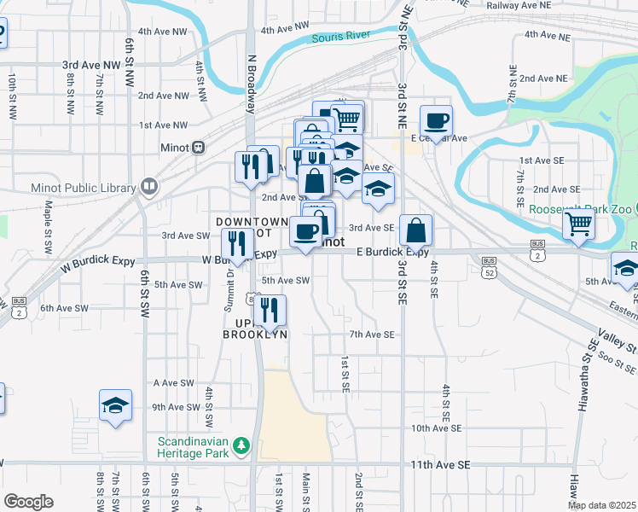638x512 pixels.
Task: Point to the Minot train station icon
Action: tap(198, 147)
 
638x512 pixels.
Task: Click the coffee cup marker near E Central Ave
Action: tap(436, 122)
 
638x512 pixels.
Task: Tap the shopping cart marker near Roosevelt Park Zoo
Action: tap(579, 225)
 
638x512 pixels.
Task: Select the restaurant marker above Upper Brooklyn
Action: tap(270, 311)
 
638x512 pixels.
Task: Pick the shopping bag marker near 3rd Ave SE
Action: tap(415, 231)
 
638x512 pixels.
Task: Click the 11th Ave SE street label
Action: tap(440, 464)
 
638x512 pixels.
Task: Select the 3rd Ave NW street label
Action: tap(92, 64)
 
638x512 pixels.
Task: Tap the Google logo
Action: tap(29, 502)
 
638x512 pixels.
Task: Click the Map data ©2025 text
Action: tap(601, 505)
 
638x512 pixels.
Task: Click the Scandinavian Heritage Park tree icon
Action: tap(241, 445)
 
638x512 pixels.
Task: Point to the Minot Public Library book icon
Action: tap(149, 186)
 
